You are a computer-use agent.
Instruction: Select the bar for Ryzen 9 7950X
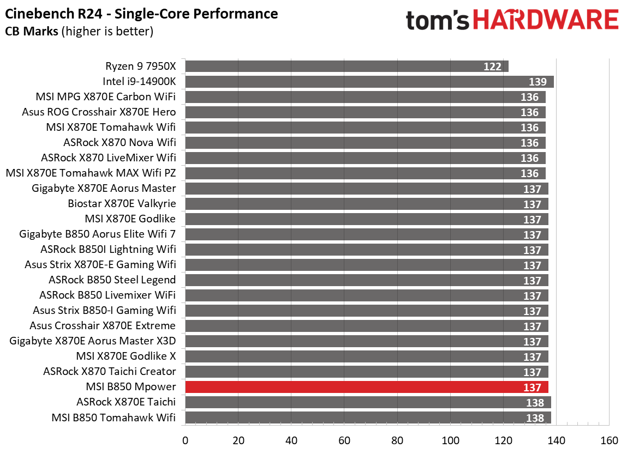click(347, 66)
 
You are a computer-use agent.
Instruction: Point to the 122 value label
click(492, 66)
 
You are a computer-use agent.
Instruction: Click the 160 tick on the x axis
click(609, 440)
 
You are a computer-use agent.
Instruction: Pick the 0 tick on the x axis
click(186, 440)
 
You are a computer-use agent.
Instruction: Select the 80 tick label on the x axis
click(397, 440)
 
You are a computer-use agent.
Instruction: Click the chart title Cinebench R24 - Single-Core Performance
click(141, 14)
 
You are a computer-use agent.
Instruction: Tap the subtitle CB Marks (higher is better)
click(79, 32)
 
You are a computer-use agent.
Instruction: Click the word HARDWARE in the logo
click(545, 20)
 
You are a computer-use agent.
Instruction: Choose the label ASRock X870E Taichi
click(126, 402)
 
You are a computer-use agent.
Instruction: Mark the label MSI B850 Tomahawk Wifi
click(114, 417)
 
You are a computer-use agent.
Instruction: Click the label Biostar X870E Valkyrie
click(122, 204)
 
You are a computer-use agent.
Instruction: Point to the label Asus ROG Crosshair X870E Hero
click(99, 112)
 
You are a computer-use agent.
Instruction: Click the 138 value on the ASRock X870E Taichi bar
click(535, 403)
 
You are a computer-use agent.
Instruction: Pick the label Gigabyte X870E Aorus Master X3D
click(92, 341)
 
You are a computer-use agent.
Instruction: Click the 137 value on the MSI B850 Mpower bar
click(532, 388)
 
